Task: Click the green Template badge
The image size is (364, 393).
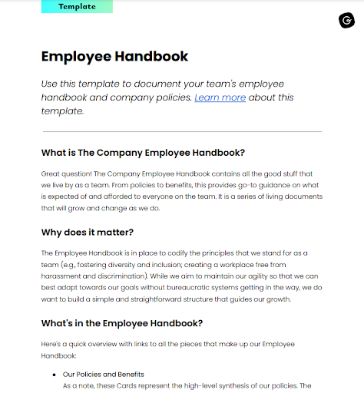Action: tap(77, 6)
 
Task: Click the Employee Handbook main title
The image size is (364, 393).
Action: tap(114, 56)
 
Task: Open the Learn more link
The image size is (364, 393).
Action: tap(220, 97)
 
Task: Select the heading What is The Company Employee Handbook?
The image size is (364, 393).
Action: tap(143, 152)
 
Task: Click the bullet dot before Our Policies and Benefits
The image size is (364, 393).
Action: tap(54, 375)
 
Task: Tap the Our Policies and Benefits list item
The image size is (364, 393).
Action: tap(104, 375)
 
